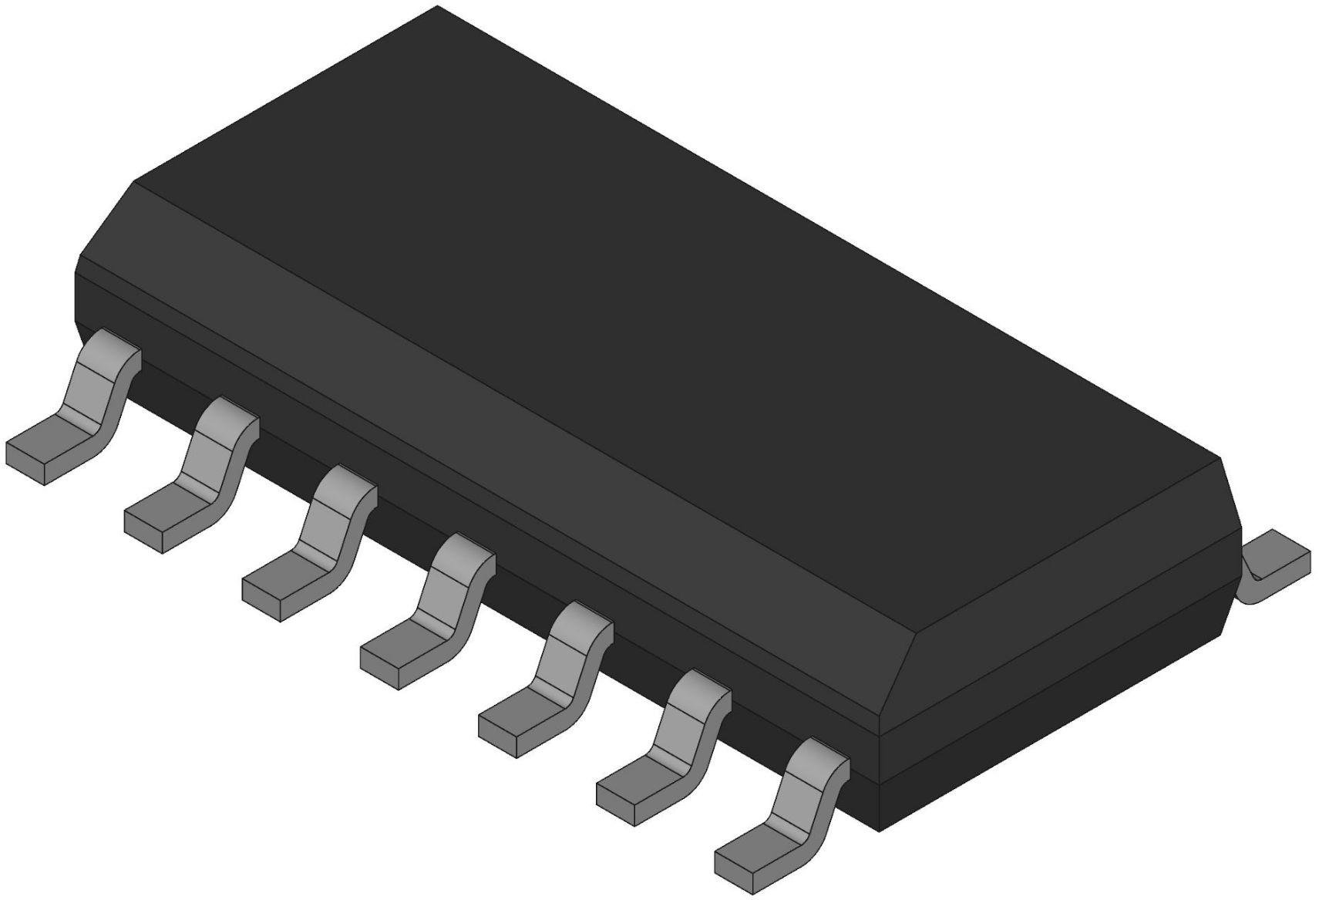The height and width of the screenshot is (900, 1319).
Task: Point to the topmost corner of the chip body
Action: pos(438,8)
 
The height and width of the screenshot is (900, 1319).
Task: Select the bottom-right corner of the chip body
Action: pos(880,829)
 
